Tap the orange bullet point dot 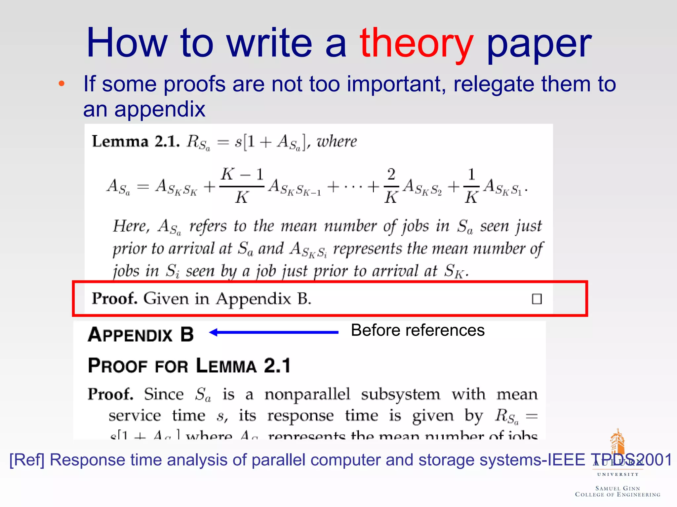(61, 84)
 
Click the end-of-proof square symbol (537, 299)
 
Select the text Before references (418, 330)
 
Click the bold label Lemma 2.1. (136, 142)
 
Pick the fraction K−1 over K (242, 186)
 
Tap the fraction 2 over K (391, 186)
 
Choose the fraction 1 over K (471, 186)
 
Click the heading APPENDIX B (141, 334)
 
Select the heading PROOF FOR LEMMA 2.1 (189, 366)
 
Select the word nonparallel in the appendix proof (307, 394)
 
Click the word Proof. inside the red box (114, 298)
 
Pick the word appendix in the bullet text (160, 109)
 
